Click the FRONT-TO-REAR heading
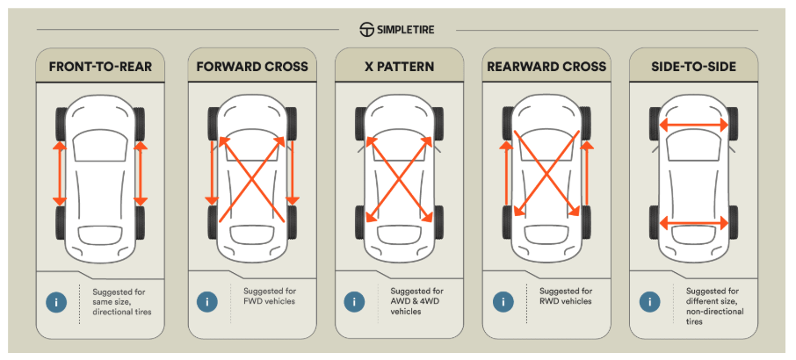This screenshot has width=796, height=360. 100,67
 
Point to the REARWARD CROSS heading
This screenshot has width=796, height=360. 545,67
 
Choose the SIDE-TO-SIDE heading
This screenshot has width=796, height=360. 692,67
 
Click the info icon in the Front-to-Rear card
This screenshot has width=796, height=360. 57,302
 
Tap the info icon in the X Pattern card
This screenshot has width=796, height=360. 355,302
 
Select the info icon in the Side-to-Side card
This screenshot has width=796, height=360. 651,302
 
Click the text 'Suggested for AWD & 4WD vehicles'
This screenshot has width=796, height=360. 416,301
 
